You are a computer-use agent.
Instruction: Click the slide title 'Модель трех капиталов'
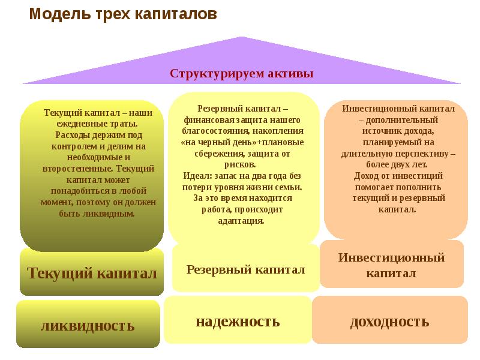tap(123, 14)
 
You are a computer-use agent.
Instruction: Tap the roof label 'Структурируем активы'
tap(241, 74)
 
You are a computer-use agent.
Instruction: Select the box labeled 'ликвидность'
tap(88, 326)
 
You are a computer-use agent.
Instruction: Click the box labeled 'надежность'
tap(238, 321)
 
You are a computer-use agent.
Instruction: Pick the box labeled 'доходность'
tap(389, 322)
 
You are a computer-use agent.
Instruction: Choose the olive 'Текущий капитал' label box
tap(91, 274)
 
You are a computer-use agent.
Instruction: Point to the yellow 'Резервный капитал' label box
tap(245, 269)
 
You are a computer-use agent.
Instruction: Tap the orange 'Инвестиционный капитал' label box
tap(391, 265)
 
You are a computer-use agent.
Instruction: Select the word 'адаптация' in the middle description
tap(243, 220)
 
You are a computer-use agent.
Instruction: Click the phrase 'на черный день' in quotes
tap(217, 142)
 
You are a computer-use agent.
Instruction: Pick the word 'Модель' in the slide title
tap(50, 14)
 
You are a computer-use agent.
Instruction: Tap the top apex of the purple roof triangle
tap(242, 38)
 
